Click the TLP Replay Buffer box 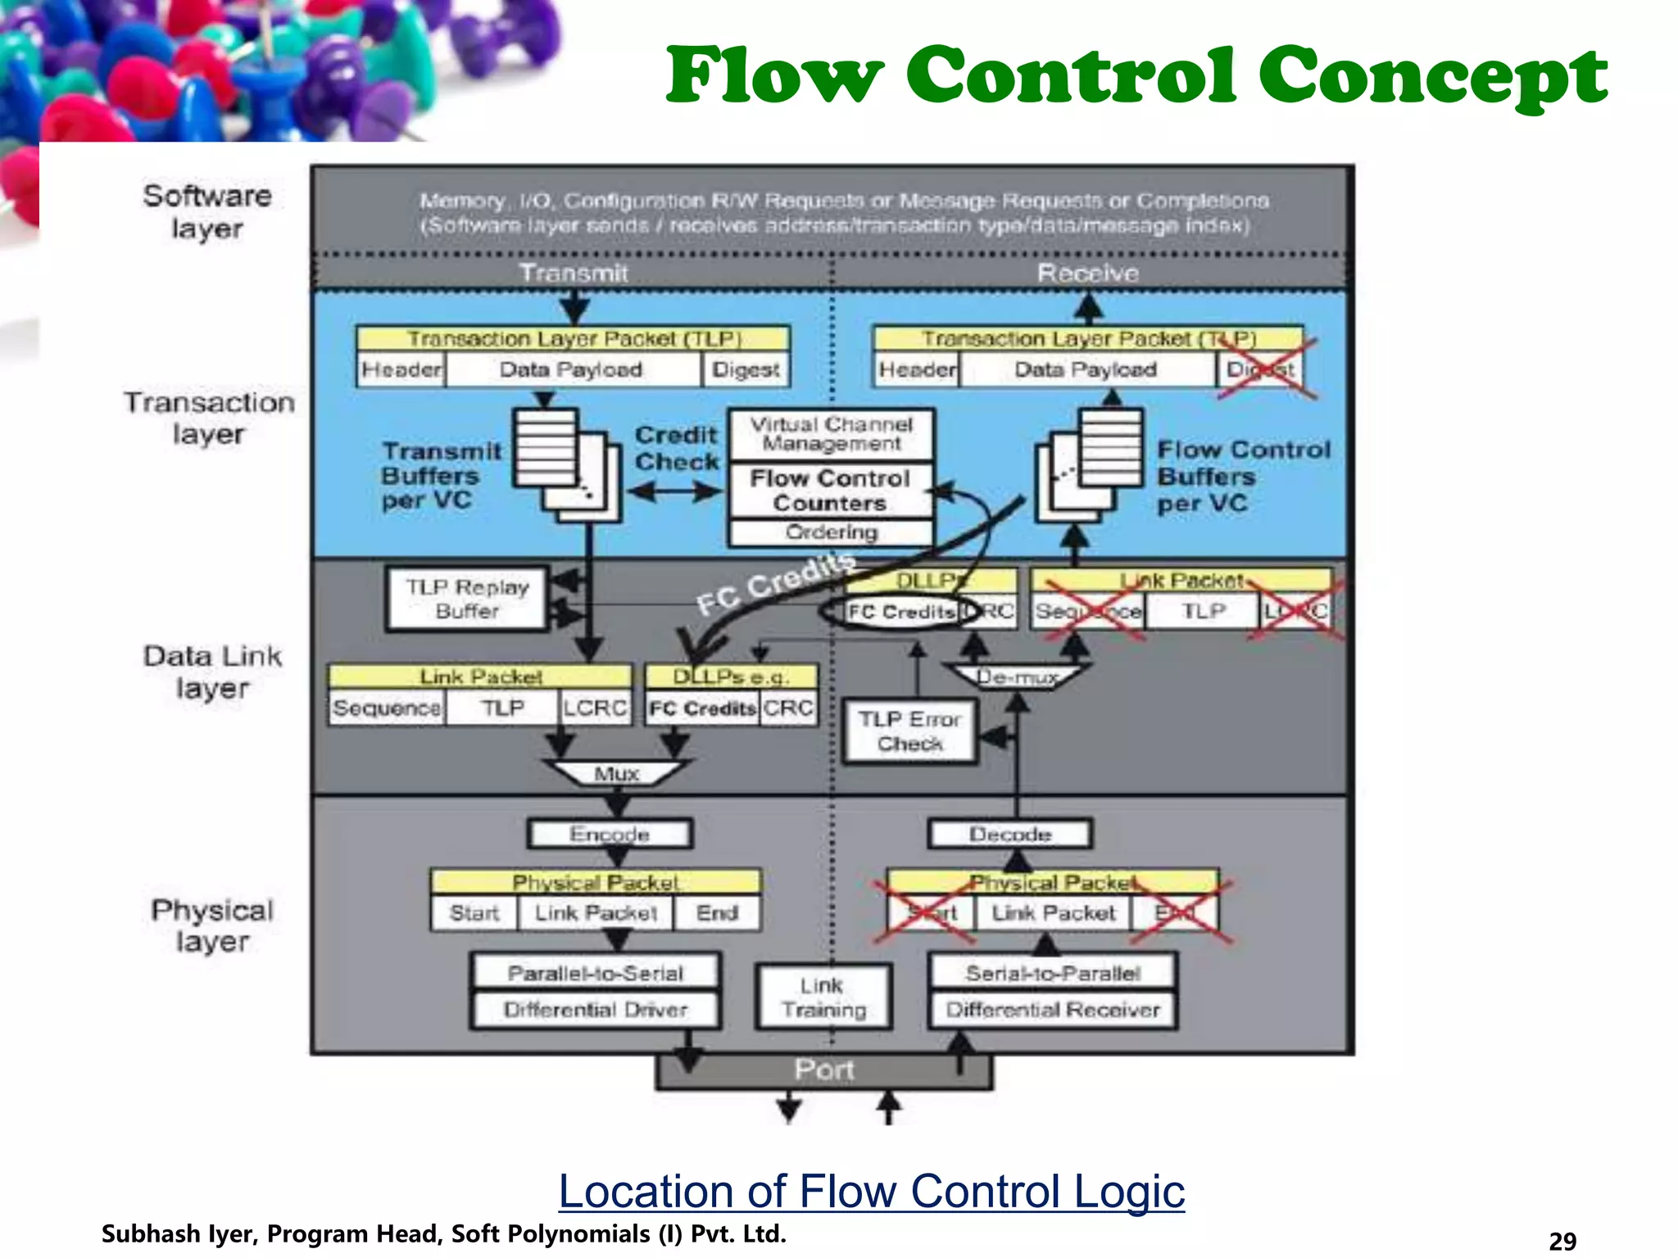tap(467, 600)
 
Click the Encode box tap(610, 834)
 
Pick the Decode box tap(1009, 834)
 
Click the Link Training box tap(823, 997)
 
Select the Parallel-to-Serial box tap(596, 972)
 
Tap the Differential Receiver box tap(1053, 1010)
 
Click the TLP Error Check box tap(909, 731)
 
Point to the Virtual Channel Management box tap(831, 434)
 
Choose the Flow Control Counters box tap(830, 490)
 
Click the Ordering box tap(831, 532)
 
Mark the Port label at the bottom tap(823, 1070)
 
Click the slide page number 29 tap(1562, 1241)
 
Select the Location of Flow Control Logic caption tap(871, 1191)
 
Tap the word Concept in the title tap(1432, 75)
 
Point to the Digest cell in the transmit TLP tap(745, 369)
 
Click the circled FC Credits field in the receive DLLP tap(901, 612)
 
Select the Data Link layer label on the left tap(212, 672)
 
